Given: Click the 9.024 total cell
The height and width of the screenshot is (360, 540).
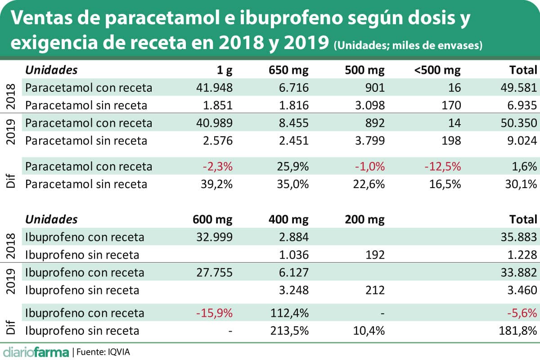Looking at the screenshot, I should [x=521, y=141].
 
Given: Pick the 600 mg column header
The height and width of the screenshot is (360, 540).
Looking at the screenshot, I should [x=212, y=220].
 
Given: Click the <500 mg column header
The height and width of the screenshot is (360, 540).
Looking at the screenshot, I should [x=438, y=70].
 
